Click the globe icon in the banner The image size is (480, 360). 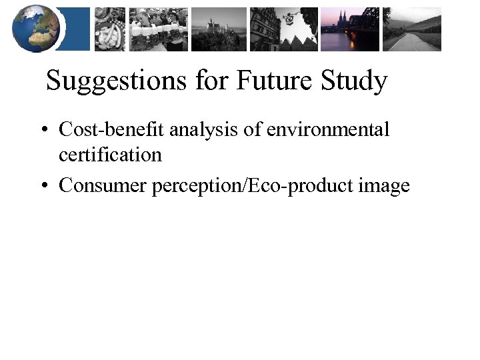pos(36,28)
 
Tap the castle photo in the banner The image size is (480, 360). pos(218,29)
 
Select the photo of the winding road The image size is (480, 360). pos(411,29)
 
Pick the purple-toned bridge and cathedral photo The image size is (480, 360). pos(349,29)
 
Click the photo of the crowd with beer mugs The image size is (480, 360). pos(158,29)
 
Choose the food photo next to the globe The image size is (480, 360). pos(109,29)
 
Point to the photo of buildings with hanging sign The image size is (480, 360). pos(283,29)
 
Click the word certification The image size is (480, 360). pos(110,155)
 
